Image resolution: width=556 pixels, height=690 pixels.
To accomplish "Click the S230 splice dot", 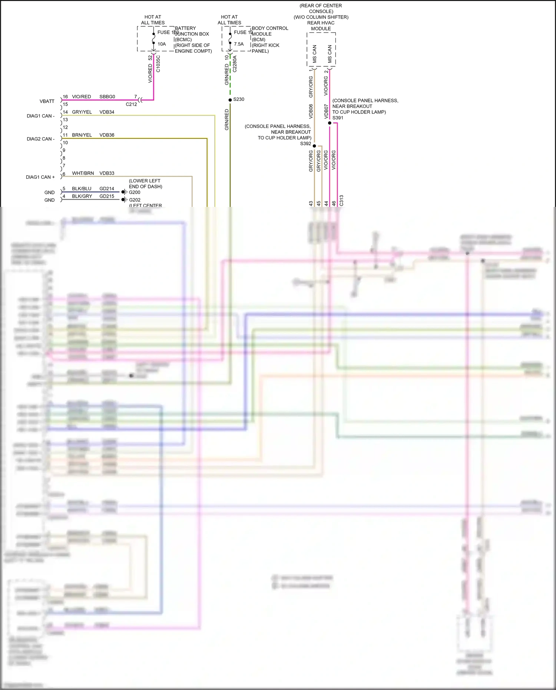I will pyautogui.click(x=230, y=100).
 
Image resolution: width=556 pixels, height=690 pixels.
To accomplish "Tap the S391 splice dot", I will pyautogui.click(x=330, y=123).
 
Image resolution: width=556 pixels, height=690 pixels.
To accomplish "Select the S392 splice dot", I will pyautogui.click(x=314, y=146).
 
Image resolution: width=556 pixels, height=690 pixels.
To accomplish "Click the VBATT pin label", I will pyautogui.click(x=47, y=101).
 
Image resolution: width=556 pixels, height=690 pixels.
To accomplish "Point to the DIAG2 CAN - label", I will pyautogui.click(x=41, y=139).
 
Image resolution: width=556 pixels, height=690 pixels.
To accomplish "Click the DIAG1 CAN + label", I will pyautogui.click(x=40, y=177).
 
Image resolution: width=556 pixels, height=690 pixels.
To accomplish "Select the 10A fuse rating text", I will pyautogui.click(x=162, y=44).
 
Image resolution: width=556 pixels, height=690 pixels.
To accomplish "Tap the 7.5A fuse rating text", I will pyautogui.click(x=239, y=44).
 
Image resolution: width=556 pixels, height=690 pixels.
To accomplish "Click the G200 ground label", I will pyautogui.click(x=135, y=192).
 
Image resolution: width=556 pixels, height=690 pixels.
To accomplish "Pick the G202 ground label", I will pyautogui.click(x=135, y=200).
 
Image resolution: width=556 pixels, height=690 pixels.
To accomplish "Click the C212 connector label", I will pyautogui.click(x=131, y=104).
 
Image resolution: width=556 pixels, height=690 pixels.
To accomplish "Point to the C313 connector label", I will pyautogui.click(x=341, y=201).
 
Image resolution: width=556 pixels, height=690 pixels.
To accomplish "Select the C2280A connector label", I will pyautogui.click(x=235, y=64).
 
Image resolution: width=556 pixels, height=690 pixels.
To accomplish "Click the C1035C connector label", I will pyautogui.click(x=158, y=64).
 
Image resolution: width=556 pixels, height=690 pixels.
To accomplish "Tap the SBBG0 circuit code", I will pyautogui.click(x=107, y=97).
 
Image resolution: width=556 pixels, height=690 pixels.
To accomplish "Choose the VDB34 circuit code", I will pyautogui.click(x=107, y=112).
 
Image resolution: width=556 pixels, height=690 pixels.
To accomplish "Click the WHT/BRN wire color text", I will pyautogui.click(x=83, y=173).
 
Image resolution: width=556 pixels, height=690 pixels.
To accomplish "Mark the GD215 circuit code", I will pyautogui.click(x=107, y=196).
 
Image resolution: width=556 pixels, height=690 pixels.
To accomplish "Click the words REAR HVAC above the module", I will pyautogui.click(x=321, y=23).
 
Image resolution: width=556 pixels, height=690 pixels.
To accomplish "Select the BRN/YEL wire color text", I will pyautogui.click(x=82, y=135).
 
